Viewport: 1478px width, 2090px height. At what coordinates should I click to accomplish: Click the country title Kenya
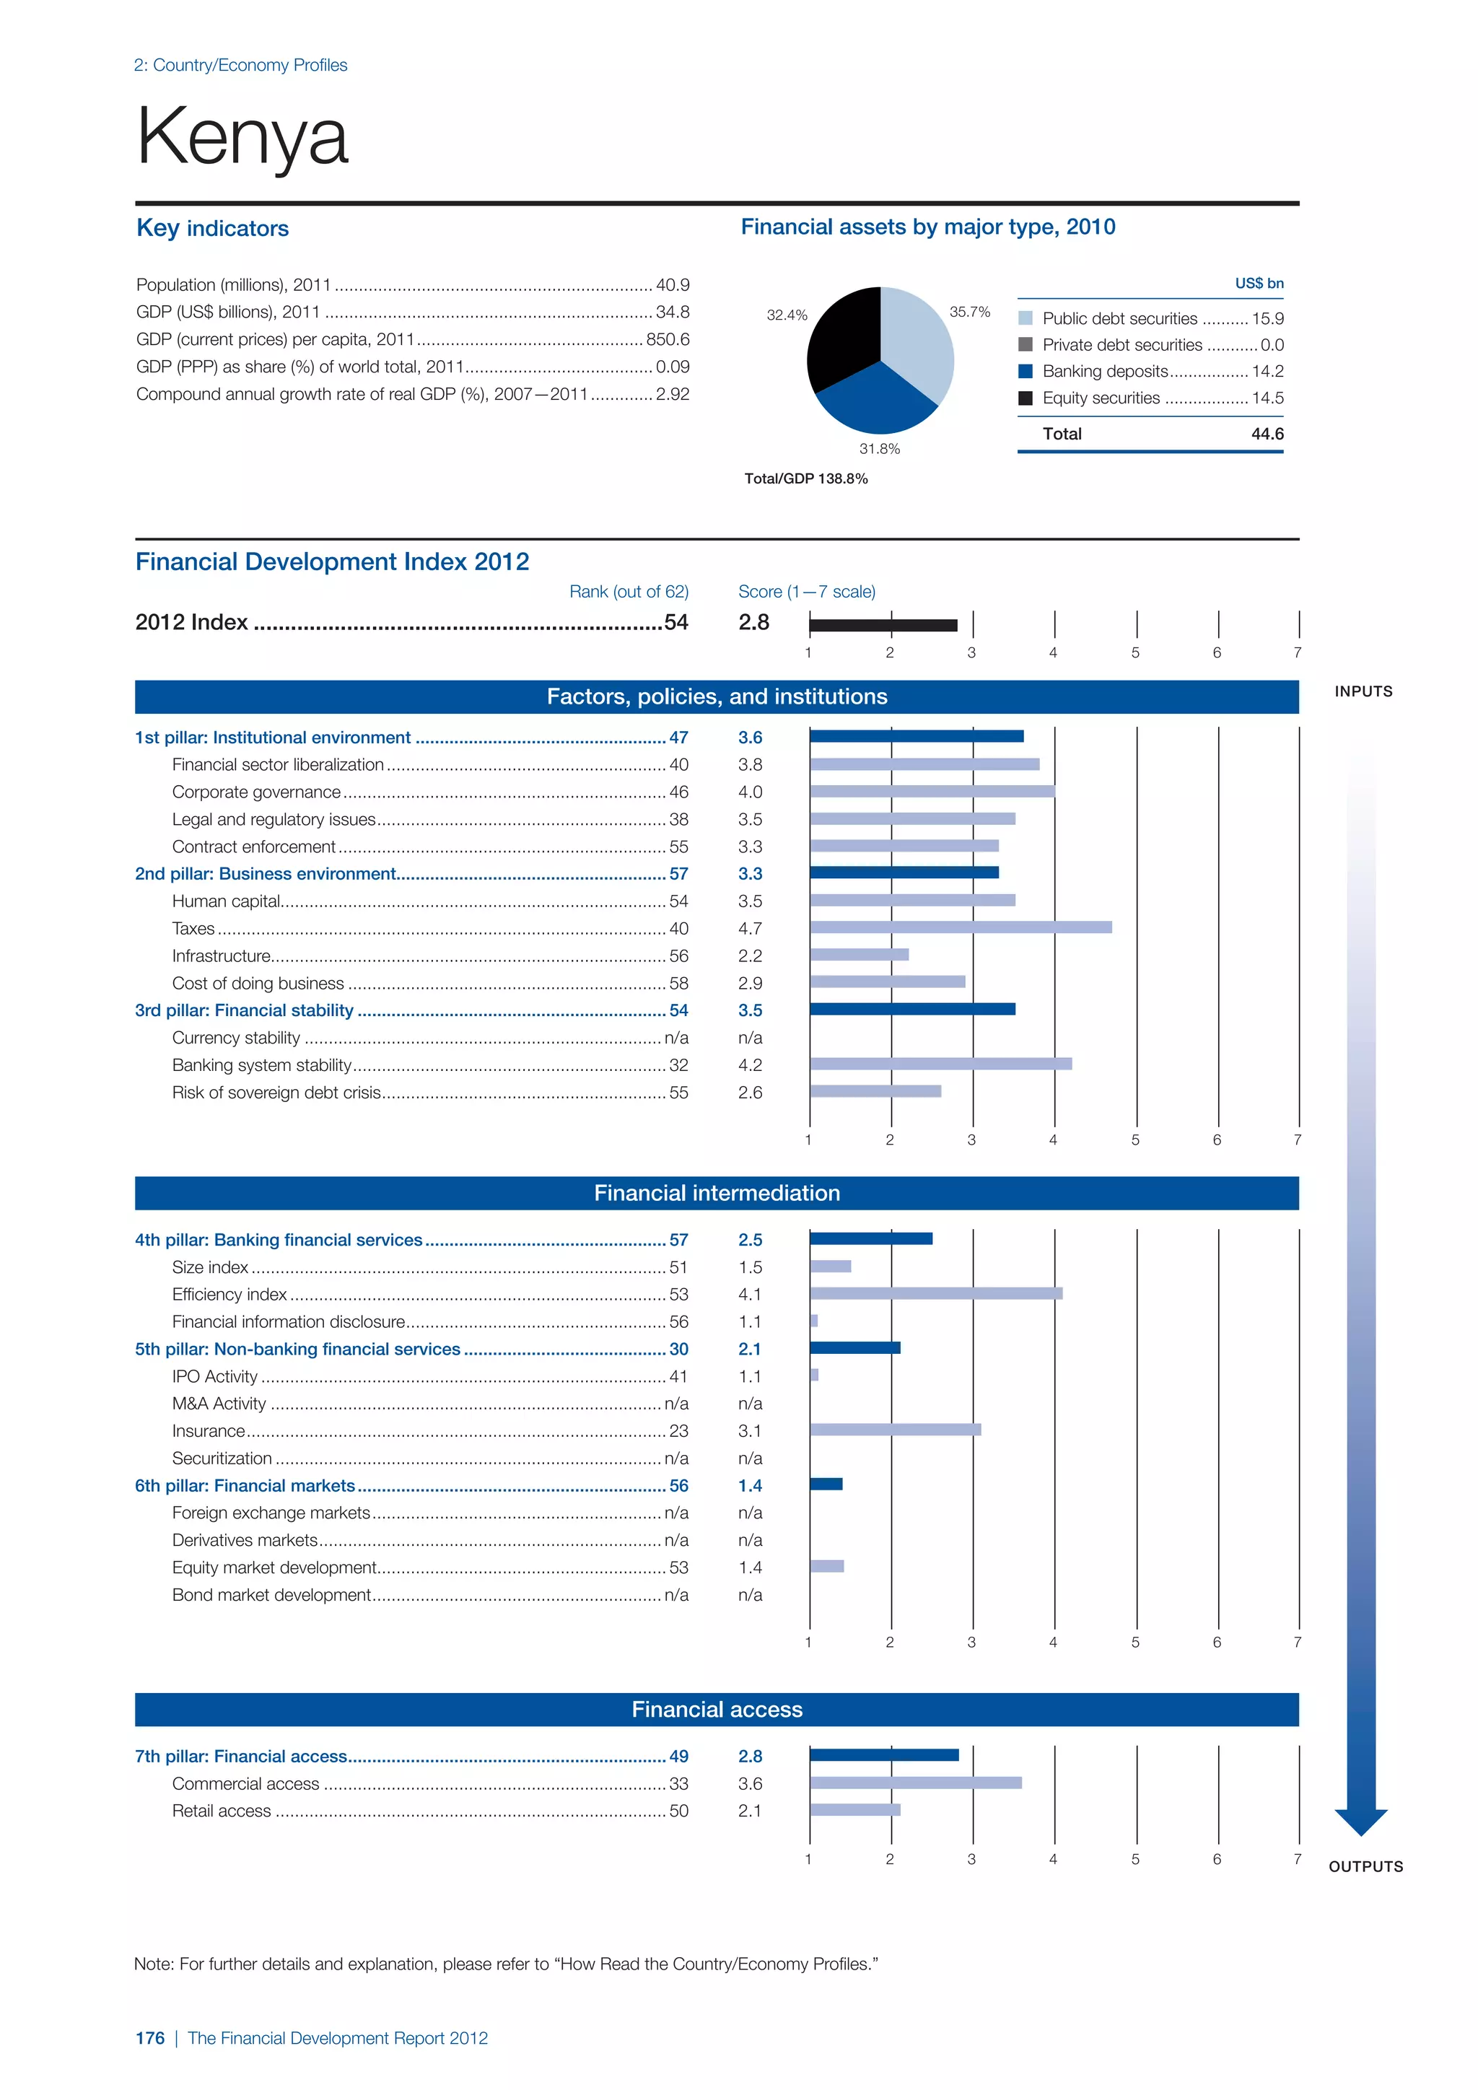[242, 136]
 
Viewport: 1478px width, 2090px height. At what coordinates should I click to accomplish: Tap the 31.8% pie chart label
[879, 449]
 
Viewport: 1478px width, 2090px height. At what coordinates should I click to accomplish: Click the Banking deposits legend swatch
[1025, 372]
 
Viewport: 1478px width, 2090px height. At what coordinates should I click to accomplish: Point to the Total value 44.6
[1267, 434]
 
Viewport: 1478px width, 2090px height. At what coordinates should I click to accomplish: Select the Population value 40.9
[673, 285]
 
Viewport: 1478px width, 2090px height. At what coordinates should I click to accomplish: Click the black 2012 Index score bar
[883, 624]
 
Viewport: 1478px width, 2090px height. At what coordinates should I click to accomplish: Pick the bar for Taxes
[960, 927]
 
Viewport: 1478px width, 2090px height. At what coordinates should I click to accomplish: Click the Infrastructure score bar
[859, 955]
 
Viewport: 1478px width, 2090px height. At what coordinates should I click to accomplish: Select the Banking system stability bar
[940, 1064]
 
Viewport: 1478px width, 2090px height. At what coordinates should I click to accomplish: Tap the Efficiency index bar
[935, 1293]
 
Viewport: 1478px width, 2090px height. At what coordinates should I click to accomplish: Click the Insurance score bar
[896, 1430]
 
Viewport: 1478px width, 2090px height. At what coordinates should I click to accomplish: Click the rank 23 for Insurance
[678, 1431]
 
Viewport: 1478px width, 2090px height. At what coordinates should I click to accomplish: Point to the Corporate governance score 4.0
[750, 792]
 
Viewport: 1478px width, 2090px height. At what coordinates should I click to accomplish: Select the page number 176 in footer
[150, 2038]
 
